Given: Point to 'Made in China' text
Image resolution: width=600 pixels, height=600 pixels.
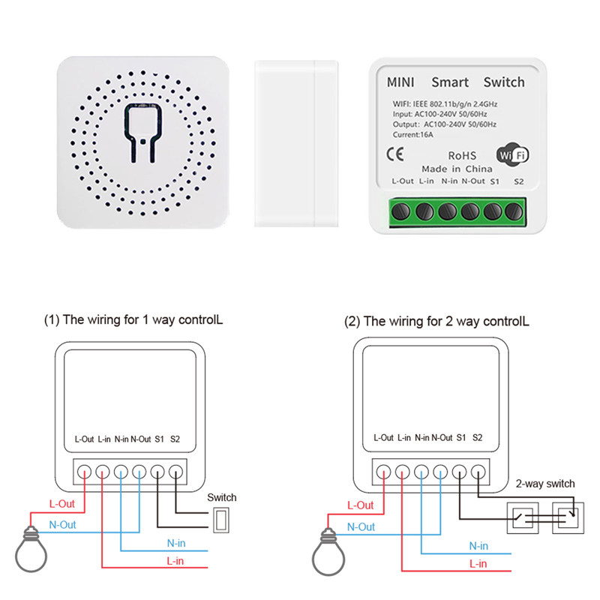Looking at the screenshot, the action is (x=457, y=169).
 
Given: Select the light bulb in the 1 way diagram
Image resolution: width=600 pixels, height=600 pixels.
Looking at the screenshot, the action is (x=31, y=547).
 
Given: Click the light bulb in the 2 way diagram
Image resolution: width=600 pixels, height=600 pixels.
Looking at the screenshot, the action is (x=328, y=547).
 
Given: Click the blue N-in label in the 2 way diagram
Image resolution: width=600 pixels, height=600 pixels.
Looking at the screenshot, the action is (x=477, y=546).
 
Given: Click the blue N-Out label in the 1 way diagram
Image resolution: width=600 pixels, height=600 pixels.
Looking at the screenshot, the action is (x=62, y=525).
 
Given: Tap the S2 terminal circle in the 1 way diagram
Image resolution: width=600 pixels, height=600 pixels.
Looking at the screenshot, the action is (x=176, y=472).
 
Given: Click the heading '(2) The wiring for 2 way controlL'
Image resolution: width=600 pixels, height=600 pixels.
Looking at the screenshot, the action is (x=436, y=321).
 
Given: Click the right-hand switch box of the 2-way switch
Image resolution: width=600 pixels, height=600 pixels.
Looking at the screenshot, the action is (x=567, y=517).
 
